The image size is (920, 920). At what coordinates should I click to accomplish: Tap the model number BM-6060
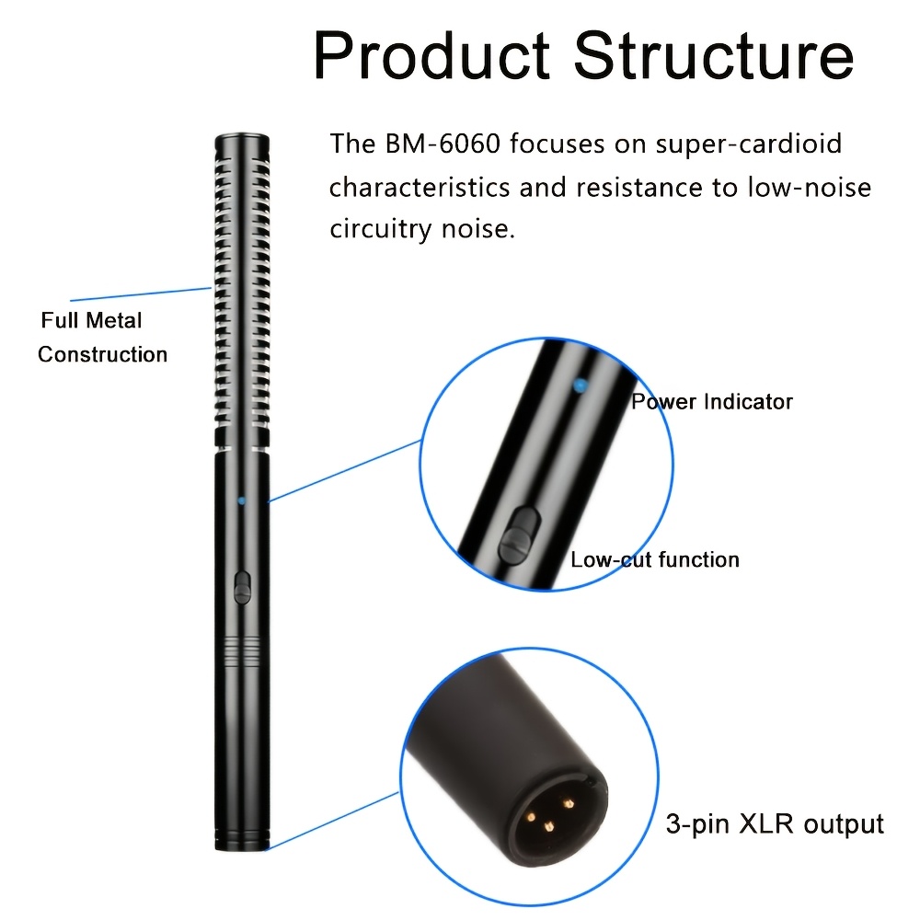click(443, 144)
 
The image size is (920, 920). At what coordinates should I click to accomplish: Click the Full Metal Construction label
click(103, 338)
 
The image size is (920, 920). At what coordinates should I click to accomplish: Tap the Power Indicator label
click(712, 402)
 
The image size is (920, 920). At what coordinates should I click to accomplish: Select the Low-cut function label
click(655, 559)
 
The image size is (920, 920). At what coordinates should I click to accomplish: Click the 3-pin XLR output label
click(775, 824)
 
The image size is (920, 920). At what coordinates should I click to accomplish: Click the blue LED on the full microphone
click(241, 500)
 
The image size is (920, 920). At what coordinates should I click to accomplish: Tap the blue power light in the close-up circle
click(580, 385)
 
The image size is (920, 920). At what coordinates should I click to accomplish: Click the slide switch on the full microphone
click(242, 587)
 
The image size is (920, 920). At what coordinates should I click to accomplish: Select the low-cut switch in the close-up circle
click(519, 535)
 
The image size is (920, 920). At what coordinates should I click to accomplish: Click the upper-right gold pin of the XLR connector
click(568, 802)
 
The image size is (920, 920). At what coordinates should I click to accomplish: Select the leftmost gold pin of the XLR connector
click(531, 817)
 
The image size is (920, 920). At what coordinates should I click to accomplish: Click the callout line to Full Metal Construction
click(141, 294)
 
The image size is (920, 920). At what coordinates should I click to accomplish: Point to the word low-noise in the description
click(810, 188)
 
